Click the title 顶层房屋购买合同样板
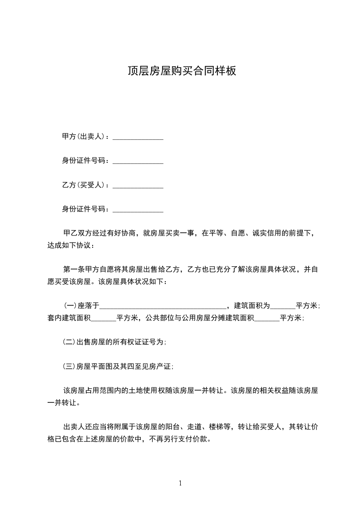[182, 71]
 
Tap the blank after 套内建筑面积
[104, 319]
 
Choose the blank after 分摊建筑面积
[267, 319]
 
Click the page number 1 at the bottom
[180, 483]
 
